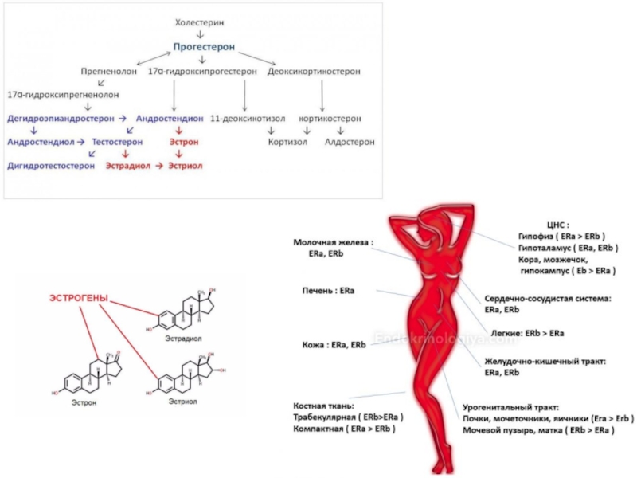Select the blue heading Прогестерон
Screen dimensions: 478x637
(204, 48)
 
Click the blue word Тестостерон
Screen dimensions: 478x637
(117, 142)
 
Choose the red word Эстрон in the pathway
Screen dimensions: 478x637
(183, 142)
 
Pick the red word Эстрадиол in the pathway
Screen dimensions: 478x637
(128, 166)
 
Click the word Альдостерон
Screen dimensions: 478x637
(350, 142)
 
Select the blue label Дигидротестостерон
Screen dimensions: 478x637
(51, 166)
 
